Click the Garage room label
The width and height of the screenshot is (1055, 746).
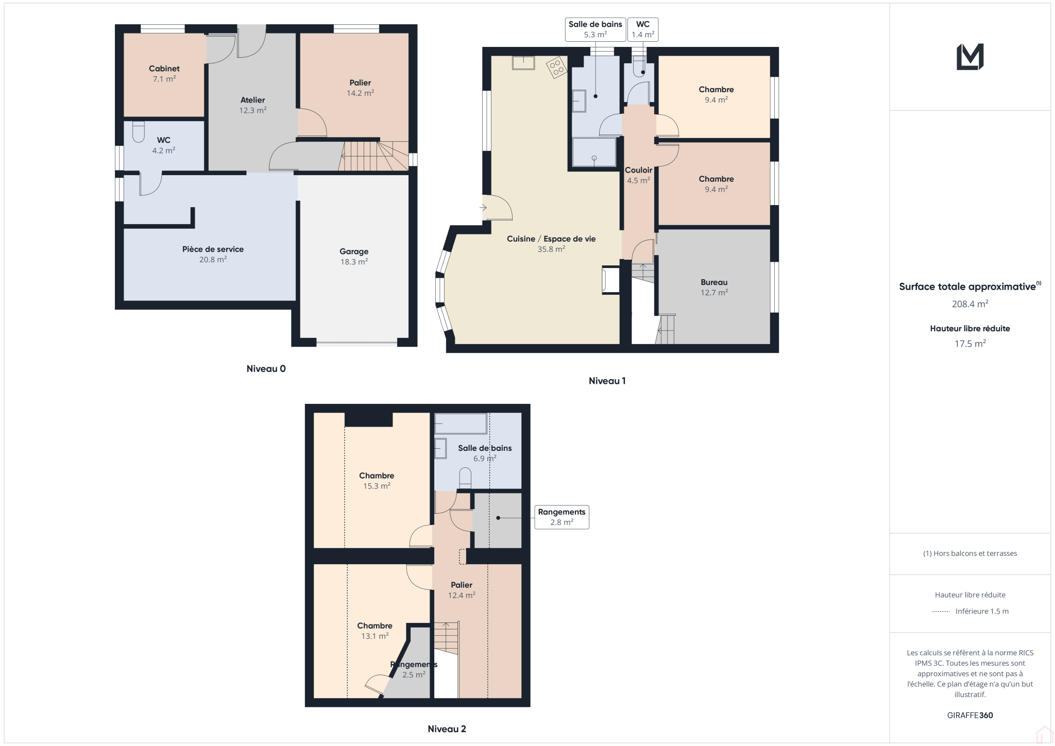pos(354,257)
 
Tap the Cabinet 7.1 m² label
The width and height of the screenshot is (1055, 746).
pos(164,74)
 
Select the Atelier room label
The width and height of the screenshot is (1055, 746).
pos(252,105)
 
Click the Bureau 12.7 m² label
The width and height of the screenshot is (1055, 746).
pos(714,287)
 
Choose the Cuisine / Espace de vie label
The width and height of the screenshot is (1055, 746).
pos(551,244)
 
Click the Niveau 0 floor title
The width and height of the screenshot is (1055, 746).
pos(266,369)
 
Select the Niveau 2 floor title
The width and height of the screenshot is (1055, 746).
pos(447,729)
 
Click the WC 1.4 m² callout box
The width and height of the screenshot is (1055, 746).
pos(643,29)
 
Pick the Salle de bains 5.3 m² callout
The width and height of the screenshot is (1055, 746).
pos(595,29)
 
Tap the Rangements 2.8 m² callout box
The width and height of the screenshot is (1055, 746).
pos(561,517)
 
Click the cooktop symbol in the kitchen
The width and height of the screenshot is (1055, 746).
pos(557,67)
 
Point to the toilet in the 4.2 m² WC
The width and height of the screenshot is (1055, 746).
pos(138,131)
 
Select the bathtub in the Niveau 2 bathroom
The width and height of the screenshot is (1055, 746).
pos(461,424)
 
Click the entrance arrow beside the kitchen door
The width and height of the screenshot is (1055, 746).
pos(483,208)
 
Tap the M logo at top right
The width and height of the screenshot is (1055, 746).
pos(970,57)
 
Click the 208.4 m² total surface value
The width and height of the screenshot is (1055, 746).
pos(970,304)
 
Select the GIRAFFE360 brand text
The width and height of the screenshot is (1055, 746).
pos(970,715)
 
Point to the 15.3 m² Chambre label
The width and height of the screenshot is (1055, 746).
pos(377,481)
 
